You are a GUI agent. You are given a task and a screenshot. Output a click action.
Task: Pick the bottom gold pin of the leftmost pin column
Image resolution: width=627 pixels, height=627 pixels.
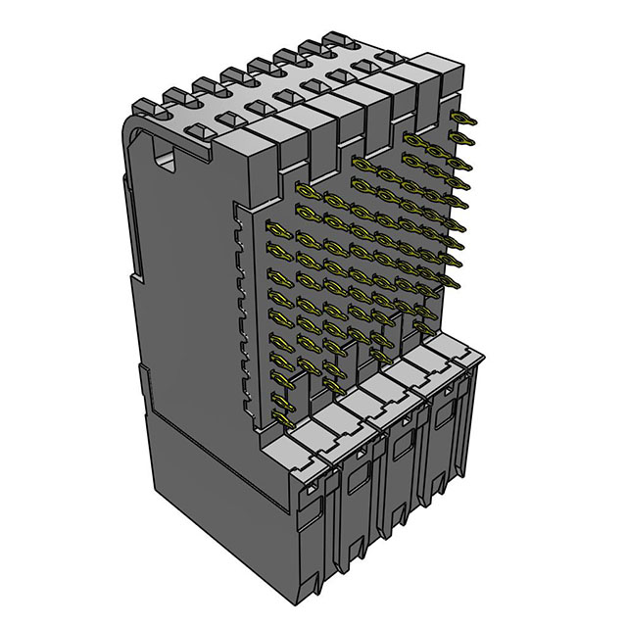pos(285,418)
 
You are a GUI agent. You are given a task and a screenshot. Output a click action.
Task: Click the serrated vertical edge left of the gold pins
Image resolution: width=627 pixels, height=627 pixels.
pos(242,294)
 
